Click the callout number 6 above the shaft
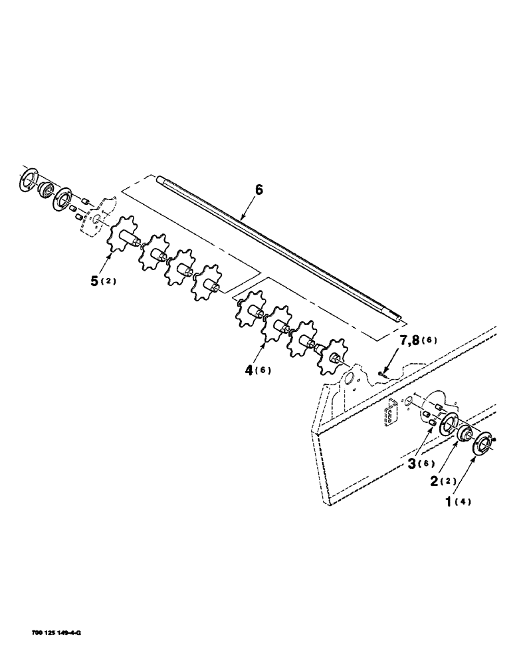pos(259,190)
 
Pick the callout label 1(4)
pos(458,501)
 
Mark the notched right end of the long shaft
pos(397,319)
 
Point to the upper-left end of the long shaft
pos(160,178)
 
